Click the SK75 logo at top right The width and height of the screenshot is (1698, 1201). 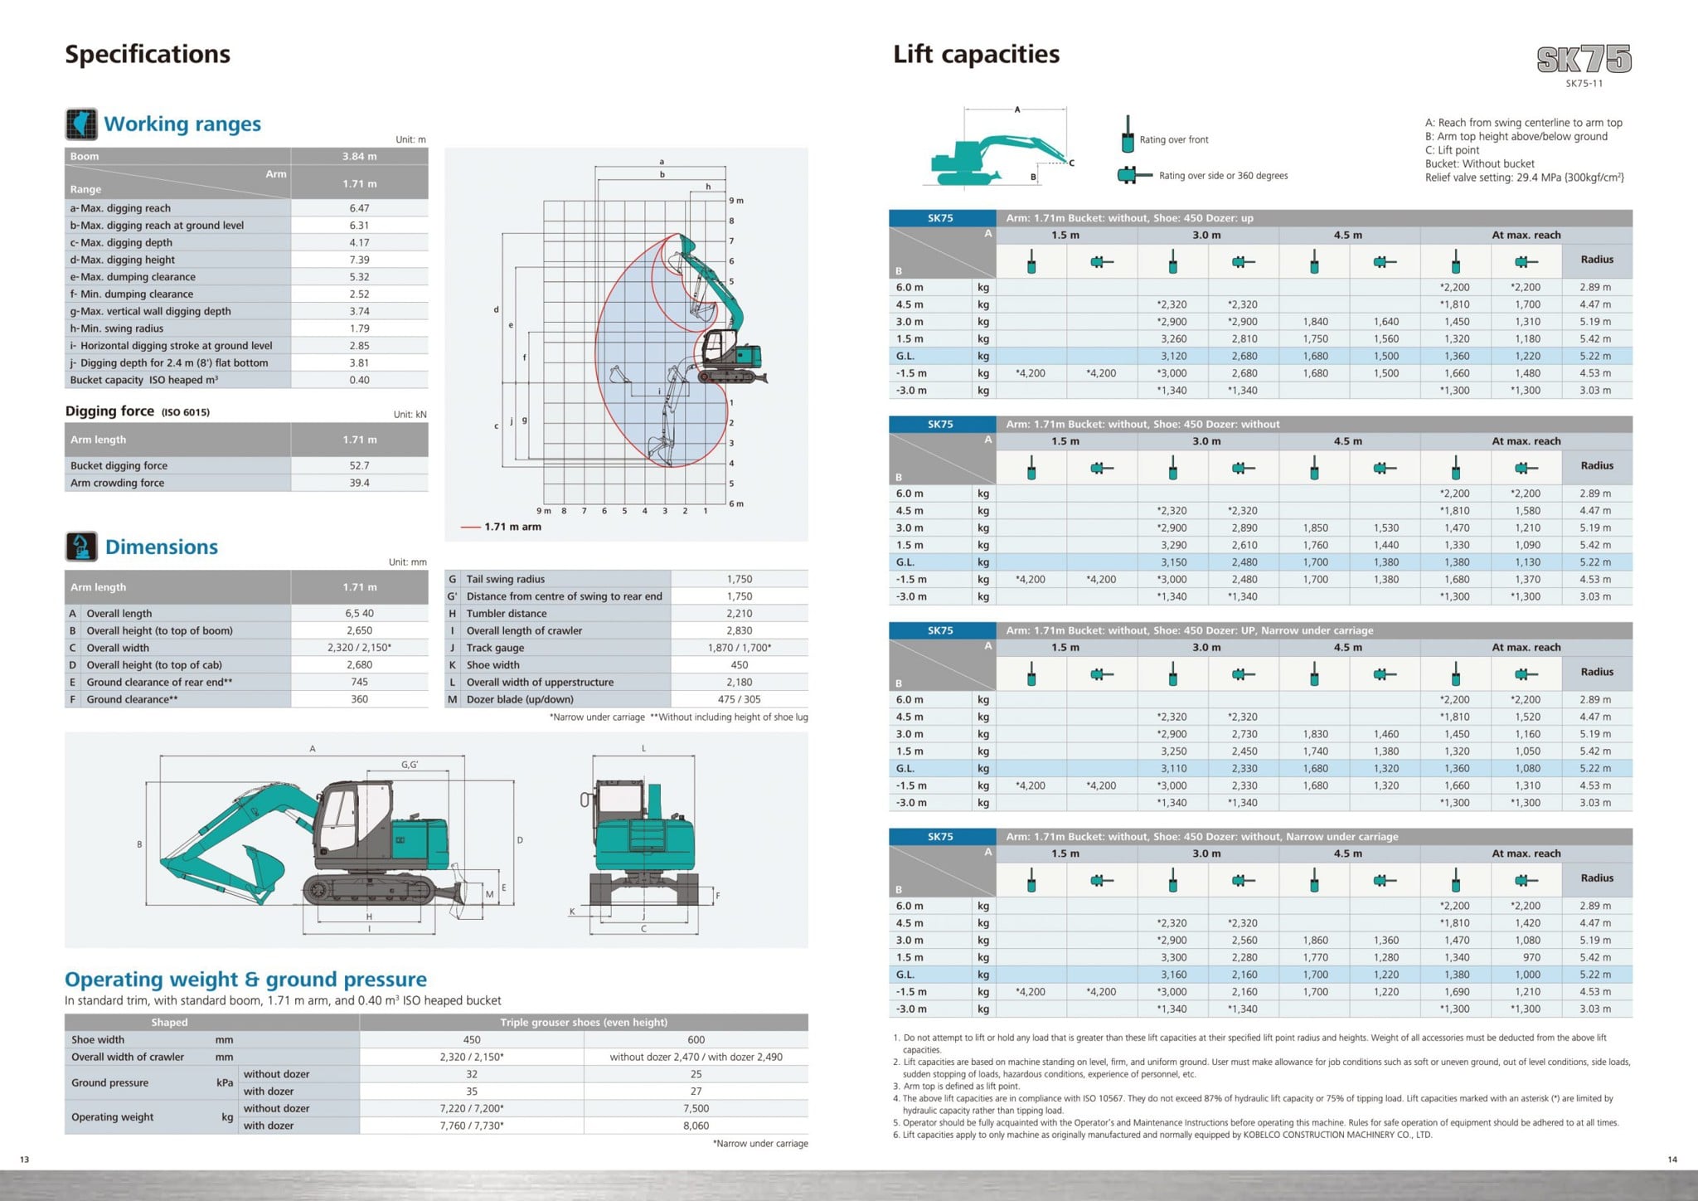pyautogui.click(x=1584, y=59)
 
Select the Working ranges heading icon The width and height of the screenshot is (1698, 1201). pyautogui.click(x=81, y=124)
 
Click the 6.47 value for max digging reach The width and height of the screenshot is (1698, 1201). pyautogui.click(x=359, y=208)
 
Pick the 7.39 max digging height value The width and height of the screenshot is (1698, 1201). pyautogui.click(x=359, y=260)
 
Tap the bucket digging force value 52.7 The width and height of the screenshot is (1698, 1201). pyautogui.click(x=359, y=465)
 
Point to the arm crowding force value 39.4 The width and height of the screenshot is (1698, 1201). pyautogui.click(x=359, y=483)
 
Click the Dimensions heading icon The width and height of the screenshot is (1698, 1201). pyautogui.click(x=81, y=547)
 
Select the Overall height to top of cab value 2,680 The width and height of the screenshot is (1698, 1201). pyautogui.click(x=359, y=664)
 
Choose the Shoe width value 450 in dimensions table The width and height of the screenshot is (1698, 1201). pyautogui.click(x=739, y=664)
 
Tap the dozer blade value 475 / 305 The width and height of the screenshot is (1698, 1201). pyautogui.click(x=739, y=699)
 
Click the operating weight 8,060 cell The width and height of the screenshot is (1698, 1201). pyautogui.click(x=696, y=1126)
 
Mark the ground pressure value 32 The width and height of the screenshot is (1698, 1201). pyautogui.click(x=471, y=1074)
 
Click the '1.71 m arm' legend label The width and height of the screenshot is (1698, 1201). pyautogui.click(x=512, y=527)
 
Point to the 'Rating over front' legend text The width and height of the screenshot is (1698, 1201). pyautogui.click(x=1173, y=139)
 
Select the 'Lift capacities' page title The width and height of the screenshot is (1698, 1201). pyautogui.click(x=976, y=55)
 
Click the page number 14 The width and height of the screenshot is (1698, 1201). pyautogui.click(x=1672, y=1160)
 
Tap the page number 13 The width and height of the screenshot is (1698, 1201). pyautogui.click(x=25, y=1160)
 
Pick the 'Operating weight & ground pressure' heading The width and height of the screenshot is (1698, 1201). pyautogui.click(x=245, y=980)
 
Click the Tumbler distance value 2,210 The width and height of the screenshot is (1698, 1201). pyautogui.click(x=739, y=613)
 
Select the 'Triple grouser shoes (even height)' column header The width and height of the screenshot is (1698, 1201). pyautogui.click(x=583, y=1022)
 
